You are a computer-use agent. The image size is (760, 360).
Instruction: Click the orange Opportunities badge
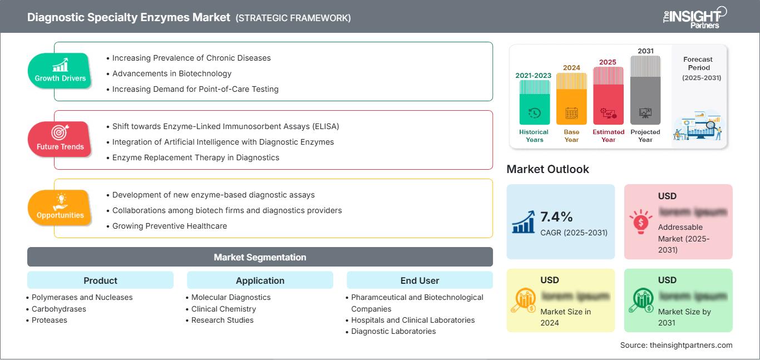click(x=60, y=208)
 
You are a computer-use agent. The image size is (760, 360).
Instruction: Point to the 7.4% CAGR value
click(x=556, y=216)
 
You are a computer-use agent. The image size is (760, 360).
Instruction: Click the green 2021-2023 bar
click(x=534, y=103)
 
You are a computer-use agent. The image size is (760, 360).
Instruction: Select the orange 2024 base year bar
click(x=571, y=99)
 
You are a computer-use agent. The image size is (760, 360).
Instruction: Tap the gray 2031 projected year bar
click(x=645, y=90)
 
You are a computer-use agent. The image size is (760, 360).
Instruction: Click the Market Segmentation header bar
click(x=260, y=257)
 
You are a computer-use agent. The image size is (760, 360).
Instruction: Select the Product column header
click(x=100, y=280)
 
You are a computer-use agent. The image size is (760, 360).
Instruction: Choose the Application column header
click(x=260, y=280)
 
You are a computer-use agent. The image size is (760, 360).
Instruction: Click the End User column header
click(x=420, y=280)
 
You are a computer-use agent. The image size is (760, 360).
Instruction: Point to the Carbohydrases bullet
click(x=59, y=309)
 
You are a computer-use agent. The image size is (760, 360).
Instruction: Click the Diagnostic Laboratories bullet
click(x=393, y=331)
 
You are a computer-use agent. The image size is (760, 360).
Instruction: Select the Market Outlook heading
click(x=547, y=169)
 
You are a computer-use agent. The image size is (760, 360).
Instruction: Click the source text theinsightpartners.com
click(x=677, y=345)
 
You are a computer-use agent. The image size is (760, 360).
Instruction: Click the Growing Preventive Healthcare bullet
click(x=169, y=226)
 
